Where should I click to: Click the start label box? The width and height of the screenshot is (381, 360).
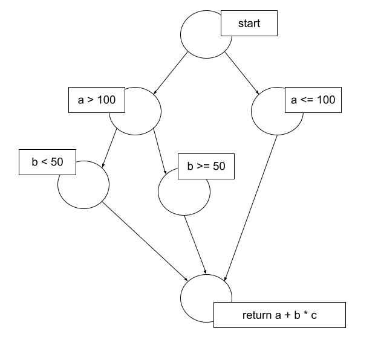pyautogui.click(x=249, y=24)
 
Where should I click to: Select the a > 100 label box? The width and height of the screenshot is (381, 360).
pyautogui.click(x=96, y=100)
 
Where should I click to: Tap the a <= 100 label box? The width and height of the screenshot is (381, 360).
pyautogui.click(x=313, y=100)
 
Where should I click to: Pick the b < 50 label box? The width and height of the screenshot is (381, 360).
pyautogui.click(x=47, y=162)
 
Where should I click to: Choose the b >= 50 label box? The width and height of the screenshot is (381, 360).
pyautogui.click(x=206, y=166)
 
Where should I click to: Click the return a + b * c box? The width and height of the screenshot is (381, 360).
pyautogui.click(x=279, y=315)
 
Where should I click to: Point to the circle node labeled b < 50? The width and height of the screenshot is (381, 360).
pyautogui.click(x=83, y=187)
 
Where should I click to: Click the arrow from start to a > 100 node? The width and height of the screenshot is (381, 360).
pyautogui.click(x=172, y=74)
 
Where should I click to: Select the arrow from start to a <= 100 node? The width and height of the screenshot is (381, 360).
pyautogui.click(x=241, y=72)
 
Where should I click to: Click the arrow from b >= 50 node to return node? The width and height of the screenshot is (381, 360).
pyautogui.click(x=196, y=245)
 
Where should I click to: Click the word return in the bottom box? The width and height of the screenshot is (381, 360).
pyautogui.click(x=256, y=315)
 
